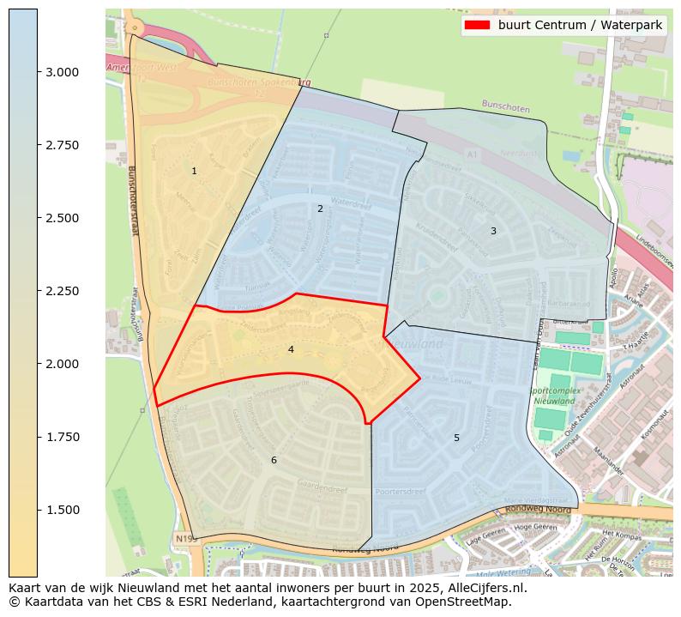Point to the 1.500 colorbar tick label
click(63, 511)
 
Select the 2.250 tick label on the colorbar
click(63, 292)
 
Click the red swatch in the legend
click(477, 25)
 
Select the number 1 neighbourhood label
click(194, 172)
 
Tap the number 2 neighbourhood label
click(320, 209)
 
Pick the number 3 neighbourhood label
click(493, 231)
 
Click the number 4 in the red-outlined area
click(291, 350)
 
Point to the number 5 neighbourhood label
click(456, 439)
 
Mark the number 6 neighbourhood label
click(274, 461)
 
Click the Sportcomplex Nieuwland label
click(553, 396)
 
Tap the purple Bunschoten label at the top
click(506, 106)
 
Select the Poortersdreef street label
click(401, 493)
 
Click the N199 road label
click(185, 539)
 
